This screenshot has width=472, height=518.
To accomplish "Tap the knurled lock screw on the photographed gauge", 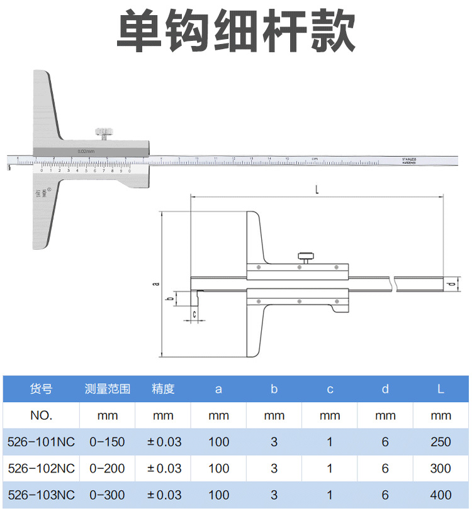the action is click(103, 133).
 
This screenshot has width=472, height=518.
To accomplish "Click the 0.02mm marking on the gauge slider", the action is click(86, 151).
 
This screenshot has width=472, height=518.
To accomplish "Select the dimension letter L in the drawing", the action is click(317, 189).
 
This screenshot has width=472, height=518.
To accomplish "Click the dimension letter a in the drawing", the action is click(155, 284).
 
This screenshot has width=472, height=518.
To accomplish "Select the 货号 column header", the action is click(41, 389).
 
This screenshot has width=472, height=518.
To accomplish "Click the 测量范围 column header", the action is click(108, 389).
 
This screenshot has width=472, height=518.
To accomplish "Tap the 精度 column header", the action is click(163, 389).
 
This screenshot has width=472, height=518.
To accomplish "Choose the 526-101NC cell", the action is click(41, 442).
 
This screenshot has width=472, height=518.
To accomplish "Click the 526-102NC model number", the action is click(41, 468).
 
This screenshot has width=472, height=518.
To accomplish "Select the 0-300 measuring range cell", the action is click(108, 495).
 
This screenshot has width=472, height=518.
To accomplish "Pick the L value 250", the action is click(441, 442).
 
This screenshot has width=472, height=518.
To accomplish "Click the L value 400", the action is click(441, 495).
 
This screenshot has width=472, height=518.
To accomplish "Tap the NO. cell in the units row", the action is click(41, 415).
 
